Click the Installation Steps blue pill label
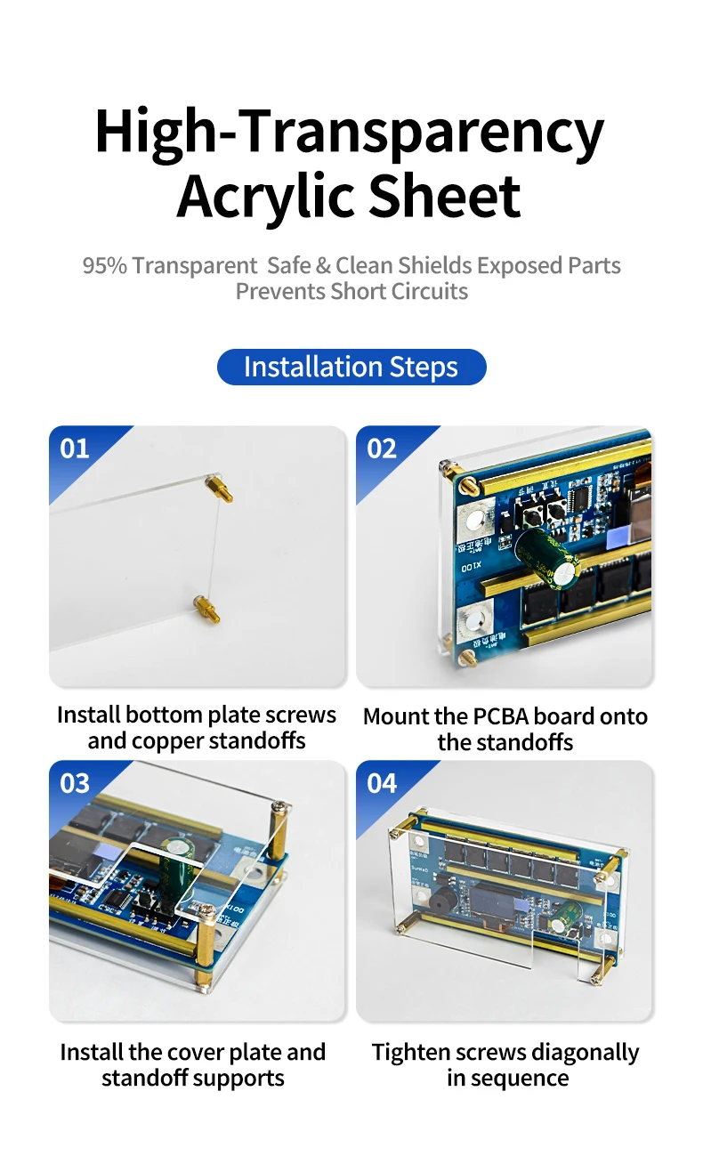pyautogui.click(x=351, y=367)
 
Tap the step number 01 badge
pyautogui.click(x=74, y=449)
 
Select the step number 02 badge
pyautogui.click(x=382, y=449)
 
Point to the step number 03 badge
pyautogui.click(x=74, y=783)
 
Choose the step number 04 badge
pyautogui.click(x=382, y=783)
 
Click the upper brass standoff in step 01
pyautogui.click(x=219, y=489)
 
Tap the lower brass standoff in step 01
pyautogui.click(x=206, y=609)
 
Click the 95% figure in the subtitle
pyautogui.click(x=105, y=265)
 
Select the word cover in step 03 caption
pyautogui.click(x=193, y=1052)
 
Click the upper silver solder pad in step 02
pyautogui.click(x=475, y=519)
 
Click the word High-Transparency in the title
pyautogui.click(x=350, y=132)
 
